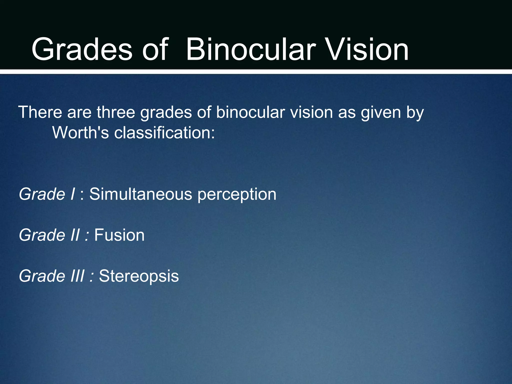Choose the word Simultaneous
141,194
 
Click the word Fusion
119,235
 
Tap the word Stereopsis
139,276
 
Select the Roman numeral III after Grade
77,276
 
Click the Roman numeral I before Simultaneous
72,194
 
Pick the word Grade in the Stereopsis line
42,276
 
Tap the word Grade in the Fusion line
42,235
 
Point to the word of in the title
155,49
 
